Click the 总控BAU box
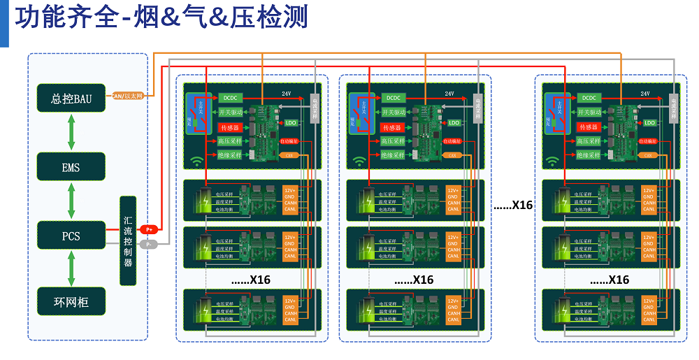pyautogui.click(x=71, y=97)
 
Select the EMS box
pyautogui.click(x=71, y=167)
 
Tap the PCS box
pyautogui.click(x=71, y=236)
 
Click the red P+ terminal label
pyautogui.click(x=150, y=229)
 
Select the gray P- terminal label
pyautogui.click(x=149, y=244)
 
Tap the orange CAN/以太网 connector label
pyautogui.click(x=128, y=95)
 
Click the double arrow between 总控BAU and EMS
pyautogui.click(x=71, y=132)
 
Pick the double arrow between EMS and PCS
pyautogui.click(x=71, y=201)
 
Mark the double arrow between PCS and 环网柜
pyautogui.click(x=71, y=269)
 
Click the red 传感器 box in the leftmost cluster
pyautogui.click(x=230, y=127)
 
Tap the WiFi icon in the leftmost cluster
pyautogui.click(x=197, y=161)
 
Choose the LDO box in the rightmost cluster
pyautogui.click(x=650, y=122)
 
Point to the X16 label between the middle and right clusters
pyautogui.click(x=513, y=206)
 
